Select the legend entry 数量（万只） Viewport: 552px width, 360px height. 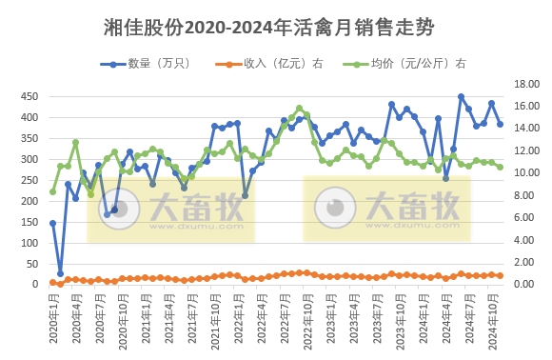[147, 64]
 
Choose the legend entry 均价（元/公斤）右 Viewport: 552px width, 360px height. [399, 64]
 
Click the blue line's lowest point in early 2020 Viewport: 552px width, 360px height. [60, 273]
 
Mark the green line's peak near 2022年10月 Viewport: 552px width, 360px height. [299, 108]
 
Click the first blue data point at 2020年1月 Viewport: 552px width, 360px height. [52, 223]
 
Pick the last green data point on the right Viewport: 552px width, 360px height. [500, 167]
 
